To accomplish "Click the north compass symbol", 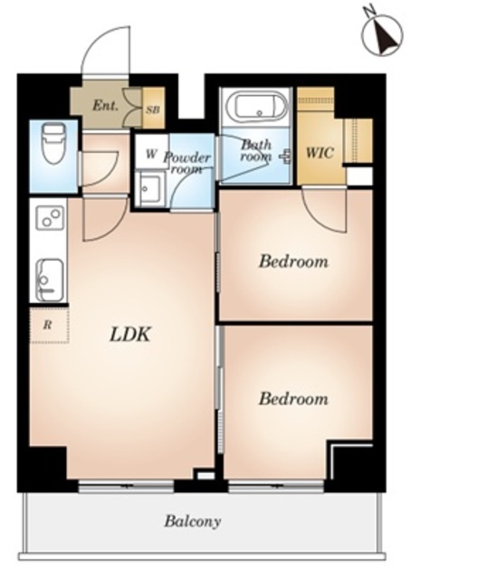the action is (x=382, y=34).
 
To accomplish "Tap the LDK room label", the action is (x=130, y=335).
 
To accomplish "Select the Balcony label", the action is (x=193, y=521).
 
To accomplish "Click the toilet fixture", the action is (x=53, y=143).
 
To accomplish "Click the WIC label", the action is (x=320, y=153).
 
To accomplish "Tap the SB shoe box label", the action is (x=153, y=109).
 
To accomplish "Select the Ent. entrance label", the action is (x=105, y=106).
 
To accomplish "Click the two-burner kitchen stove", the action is (x=50, y=218).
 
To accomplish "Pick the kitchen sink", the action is (x=50, y=280).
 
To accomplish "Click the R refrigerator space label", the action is (x=47, y=326).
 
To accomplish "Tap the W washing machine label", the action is (x=150, y=154).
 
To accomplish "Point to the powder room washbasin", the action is (x=148, y=189).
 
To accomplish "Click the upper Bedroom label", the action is (x=293, y=261).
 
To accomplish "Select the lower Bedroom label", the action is (x=293, y=399).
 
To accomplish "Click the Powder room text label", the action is (x=187, y=163).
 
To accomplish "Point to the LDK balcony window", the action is (x=126, y=486).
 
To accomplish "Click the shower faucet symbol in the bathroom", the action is (x=286, y=157).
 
